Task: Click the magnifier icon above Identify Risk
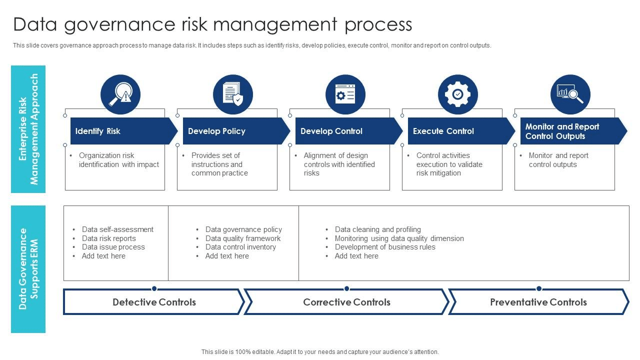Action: point(120,94)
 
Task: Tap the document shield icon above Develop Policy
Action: point(233,94)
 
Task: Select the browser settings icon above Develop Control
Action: point(345,94)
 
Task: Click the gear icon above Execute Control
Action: point(458,94)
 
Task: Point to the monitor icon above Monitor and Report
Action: point(570,94)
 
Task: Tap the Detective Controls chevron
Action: point(154,302)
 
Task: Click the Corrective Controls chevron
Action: point(346,302)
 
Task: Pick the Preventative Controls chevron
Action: point(538,302)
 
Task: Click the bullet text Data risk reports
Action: point(109,238)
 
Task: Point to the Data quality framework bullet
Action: point(243,238)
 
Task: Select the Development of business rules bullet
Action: point(385,247)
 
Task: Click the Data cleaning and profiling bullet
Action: point(378,229)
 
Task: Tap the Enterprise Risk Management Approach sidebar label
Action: point(28,129)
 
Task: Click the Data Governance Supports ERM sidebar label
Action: point(28,269)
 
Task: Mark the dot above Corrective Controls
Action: point(346,288)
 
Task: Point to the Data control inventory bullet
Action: point(240,247)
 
